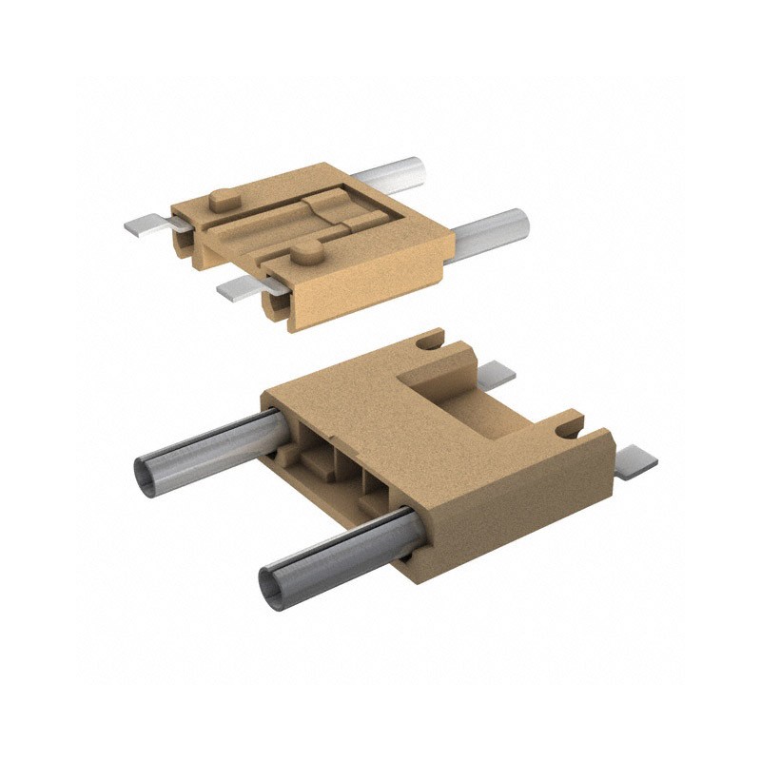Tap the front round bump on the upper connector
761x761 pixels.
[x=304, y=253]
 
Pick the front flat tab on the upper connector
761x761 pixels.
[x=242, y=284]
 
